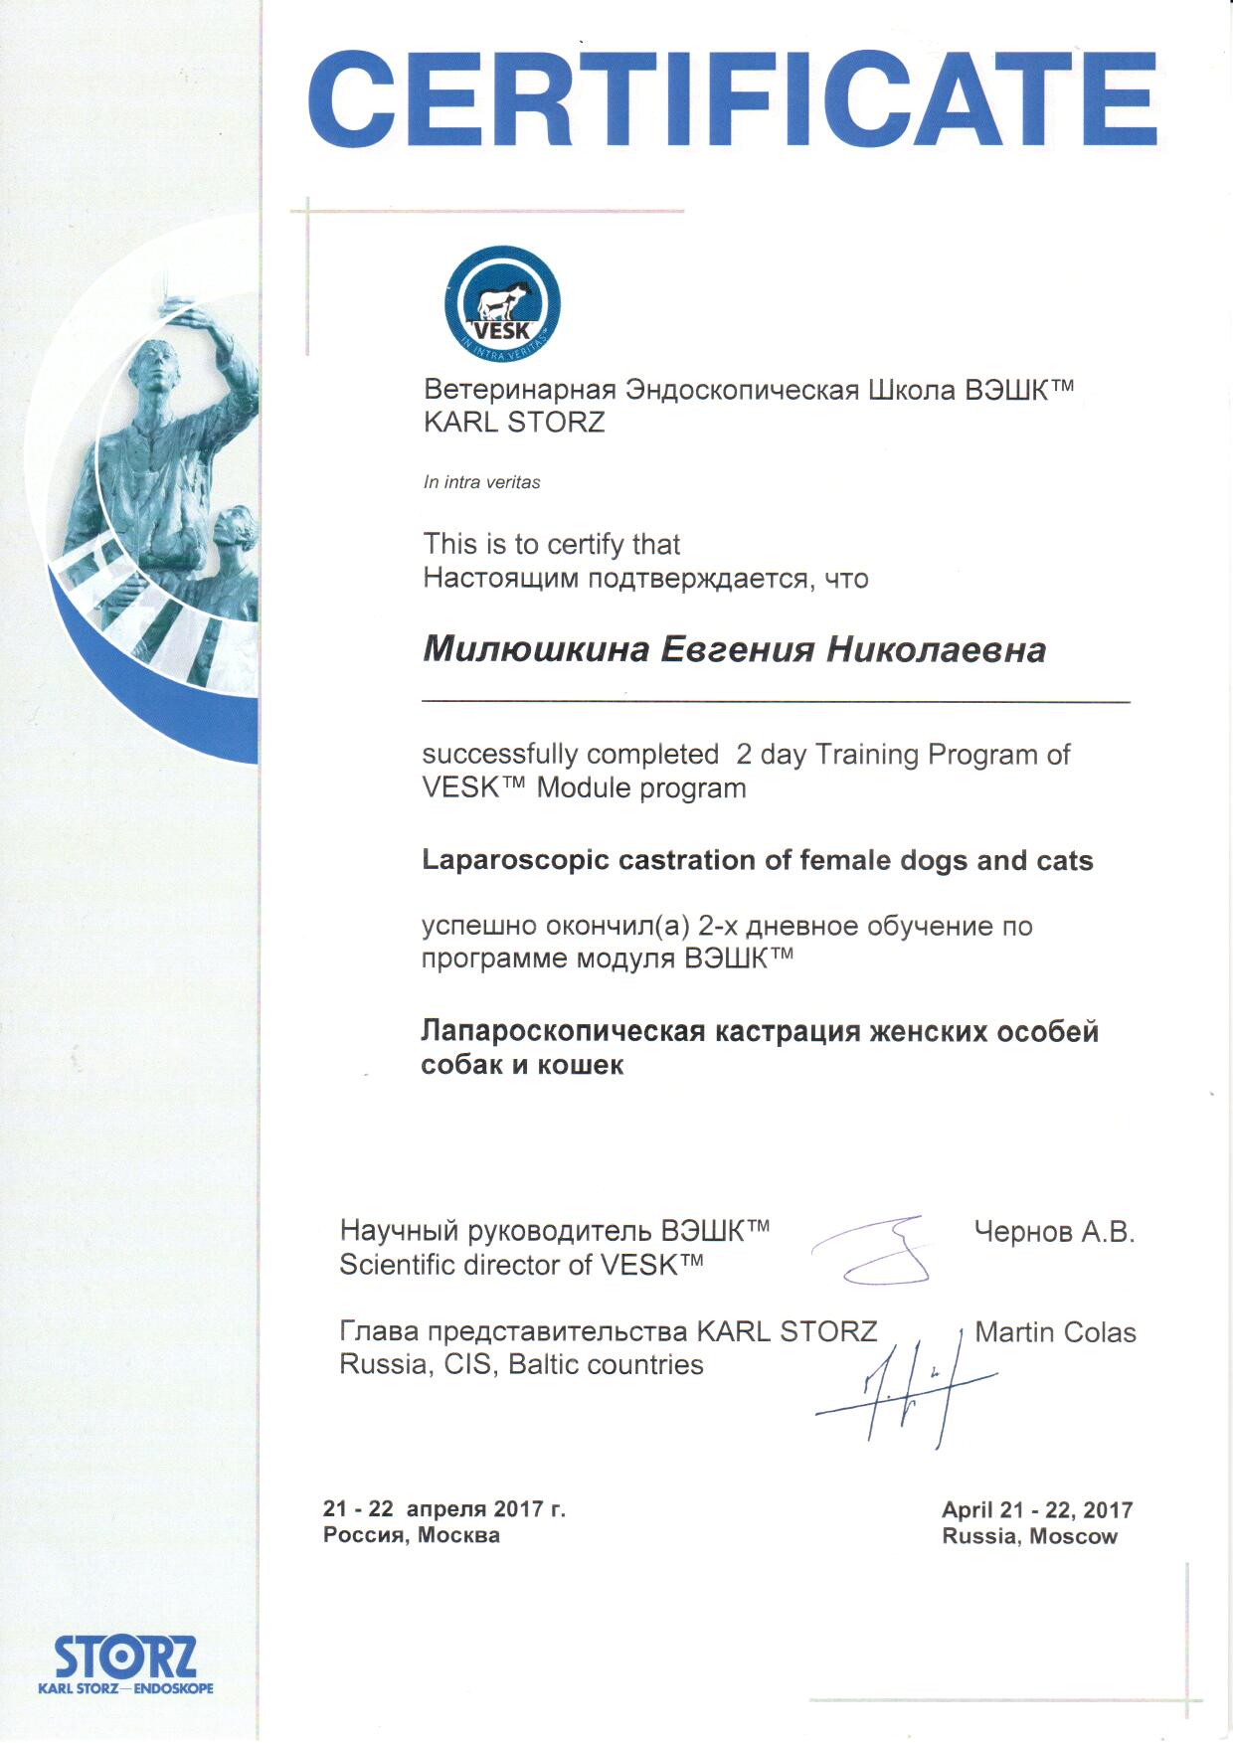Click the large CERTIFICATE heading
[x=732, y=99]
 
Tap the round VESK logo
[x=502, y=304]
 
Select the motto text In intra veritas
[x=481, y=482]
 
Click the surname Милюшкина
[x=536, y=650]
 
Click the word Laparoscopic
[x=515, y=860]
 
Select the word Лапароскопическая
[x=563, y=1031]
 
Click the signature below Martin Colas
[x=905, y=1387]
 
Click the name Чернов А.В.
[x=1054, y=1232]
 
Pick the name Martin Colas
[x=1055, y=1332]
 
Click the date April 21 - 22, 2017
[x=1037, y=1509]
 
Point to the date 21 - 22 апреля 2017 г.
[x=443, y=1508]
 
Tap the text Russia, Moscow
[x=1029, y=1536]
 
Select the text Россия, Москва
[x=411, y=1535]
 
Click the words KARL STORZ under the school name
[x=513, y=423]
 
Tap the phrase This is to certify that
[x=551, y=544]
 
